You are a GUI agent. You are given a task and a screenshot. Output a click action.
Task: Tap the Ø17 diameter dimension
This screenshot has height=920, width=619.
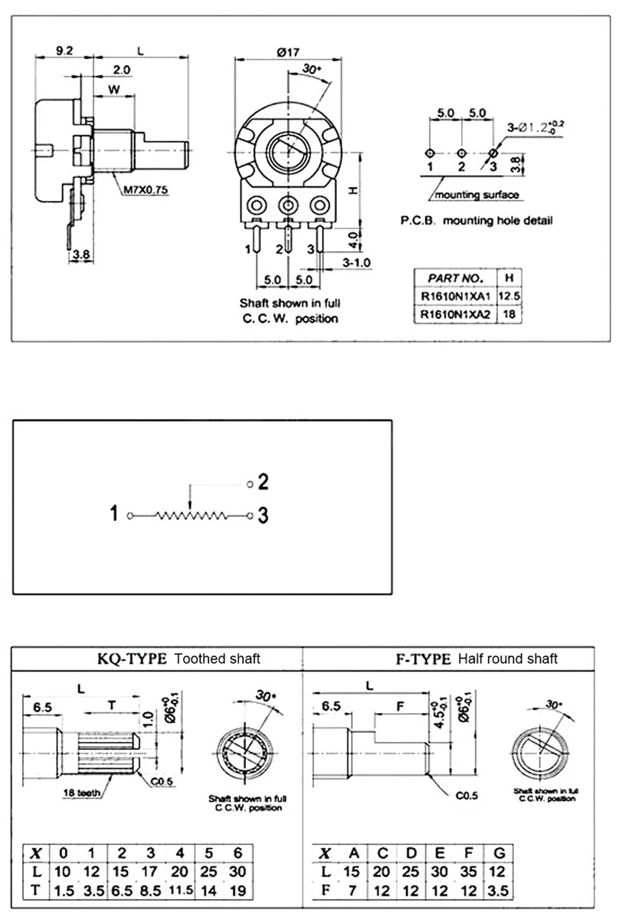point(287,51)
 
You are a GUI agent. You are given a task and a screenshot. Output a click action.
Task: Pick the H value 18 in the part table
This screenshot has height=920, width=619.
point(509,314)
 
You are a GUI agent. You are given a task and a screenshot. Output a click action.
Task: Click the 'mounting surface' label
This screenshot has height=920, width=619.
point(477,195)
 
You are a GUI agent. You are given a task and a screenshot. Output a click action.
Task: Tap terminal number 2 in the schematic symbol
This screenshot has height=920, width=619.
point(262,482)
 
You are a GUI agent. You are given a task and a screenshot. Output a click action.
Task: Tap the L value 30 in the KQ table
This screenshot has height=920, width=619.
point(237,871)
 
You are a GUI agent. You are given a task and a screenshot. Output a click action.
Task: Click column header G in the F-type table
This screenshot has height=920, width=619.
point(499,853)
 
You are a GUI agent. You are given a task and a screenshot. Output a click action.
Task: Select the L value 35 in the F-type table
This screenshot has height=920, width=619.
point(470,871)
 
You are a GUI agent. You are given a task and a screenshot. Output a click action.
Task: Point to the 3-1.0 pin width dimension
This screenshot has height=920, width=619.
point(357,263)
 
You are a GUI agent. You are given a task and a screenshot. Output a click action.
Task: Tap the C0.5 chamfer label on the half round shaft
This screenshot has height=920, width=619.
point(467,796)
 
